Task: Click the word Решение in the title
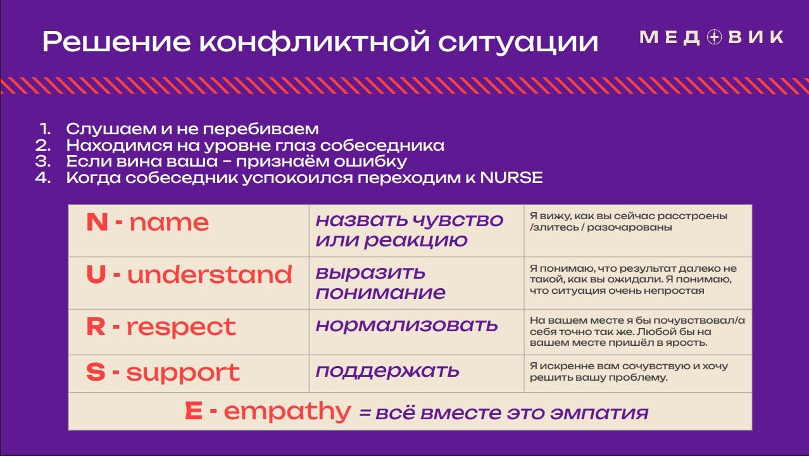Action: [116, 42]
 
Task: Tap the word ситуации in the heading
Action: [518, 42]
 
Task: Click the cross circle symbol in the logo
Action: [714, 37]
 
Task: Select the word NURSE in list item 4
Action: [511, 177]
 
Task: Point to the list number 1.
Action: [45, 129]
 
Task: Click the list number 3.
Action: [43, 161]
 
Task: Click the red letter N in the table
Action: [97, 222]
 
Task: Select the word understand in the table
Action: [210, 274]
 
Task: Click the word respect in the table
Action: [181, 327]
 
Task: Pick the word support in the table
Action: [183, 373]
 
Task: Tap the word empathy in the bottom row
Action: [287, 412]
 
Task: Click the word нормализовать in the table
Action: [406, 325]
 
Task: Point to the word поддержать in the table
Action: [387, 370]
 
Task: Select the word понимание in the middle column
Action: [380, 293]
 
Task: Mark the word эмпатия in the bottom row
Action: [599, 413]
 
